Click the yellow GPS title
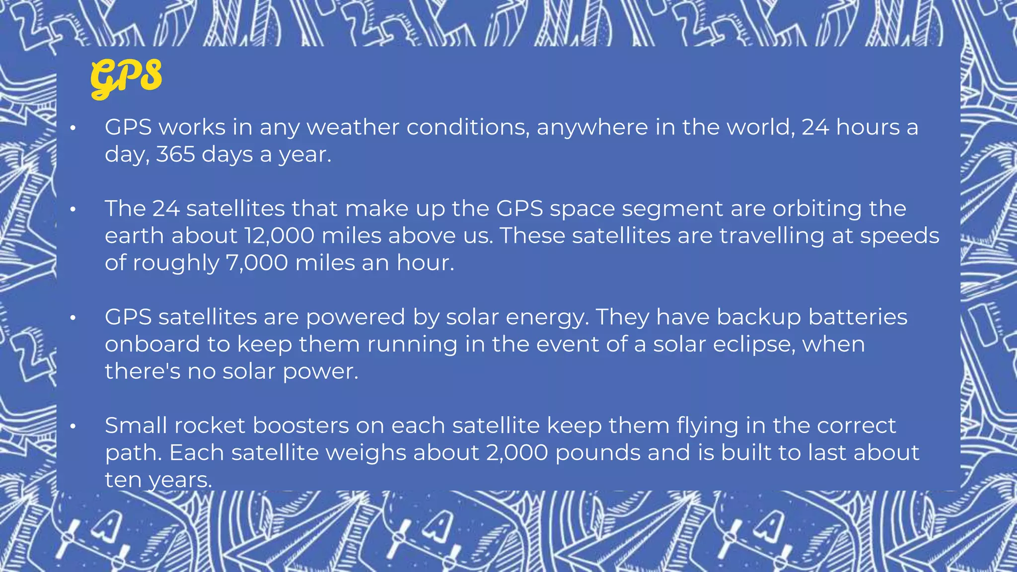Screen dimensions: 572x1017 [126, 77]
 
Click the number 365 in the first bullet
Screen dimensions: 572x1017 [175, 154]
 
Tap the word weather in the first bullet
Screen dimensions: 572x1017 [353, 128]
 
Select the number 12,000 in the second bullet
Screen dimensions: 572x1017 [279, 236]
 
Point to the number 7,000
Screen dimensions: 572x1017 [257, 263]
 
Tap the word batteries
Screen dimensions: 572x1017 [858, 317]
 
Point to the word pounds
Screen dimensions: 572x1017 [598, 453]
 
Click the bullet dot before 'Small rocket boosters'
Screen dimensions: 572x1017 [73, 426]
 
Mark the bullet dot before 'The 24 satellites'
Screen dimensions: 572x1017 [73, 209]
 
